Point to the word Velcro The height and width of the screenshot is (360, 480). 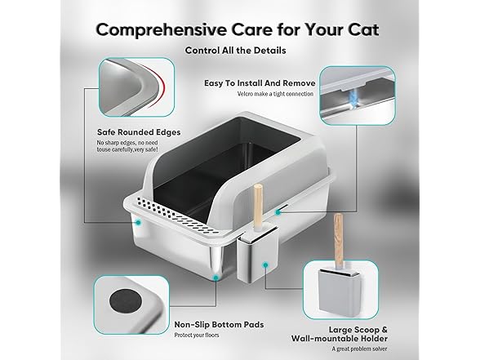(x=216, y=94)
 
